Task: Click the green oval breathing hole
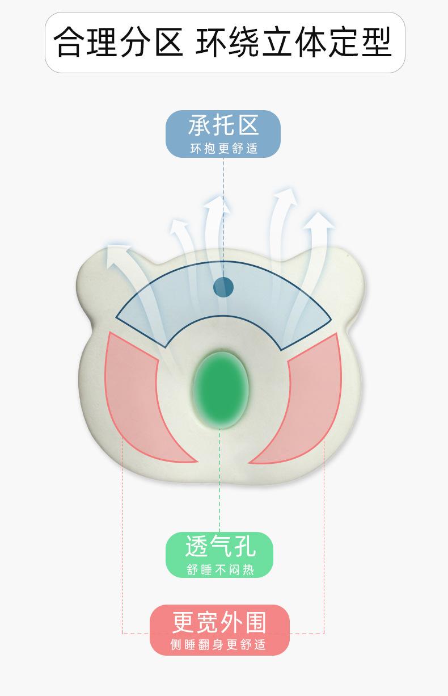pyautogui.click(x=221, y=389)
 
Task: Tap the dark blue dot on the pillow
pyautogui.click(x=223, y=287)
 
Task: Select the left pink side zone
pyautogui.click(x=142, y=397)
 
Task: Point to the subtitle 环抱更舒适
pyautogui.click(x=223, y=149)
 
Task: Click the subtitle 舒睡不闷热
pyautogui.click(x=220, y=569)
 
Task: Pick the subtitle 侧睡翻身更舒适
pyautogui.click(x=219, y=645)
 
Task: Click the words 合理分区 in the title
pyautogui.click(x=119, y=43)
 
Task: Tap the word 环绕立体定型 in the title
pyautogui.click(x=294, y=43)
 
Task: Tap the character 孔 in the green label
pyautogui.click(x=244, y=546)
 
